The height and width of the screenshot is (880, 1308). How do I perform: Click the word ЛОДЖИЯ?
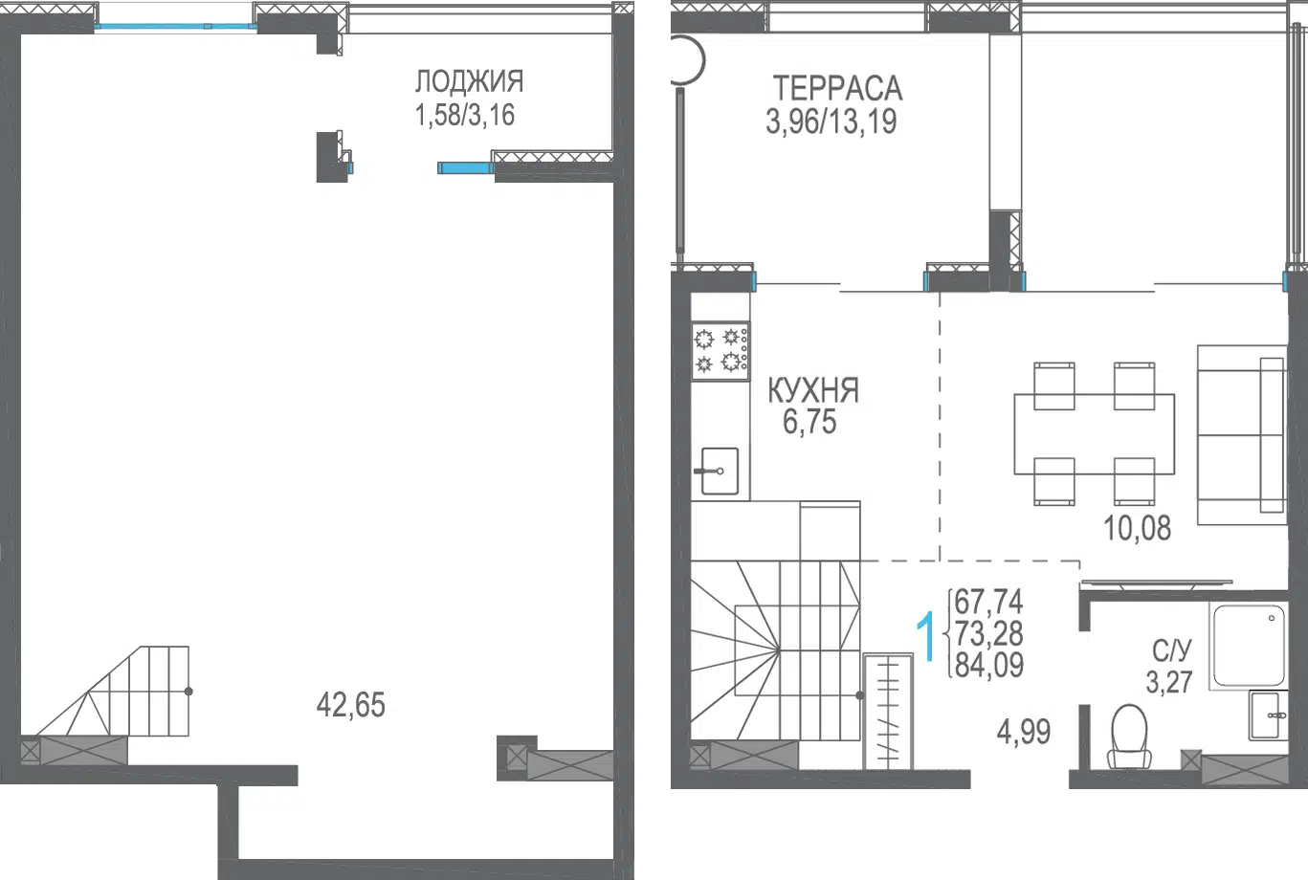[469, 81]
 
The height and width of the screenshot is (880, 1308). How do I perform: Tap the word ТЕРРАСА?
[837, 89]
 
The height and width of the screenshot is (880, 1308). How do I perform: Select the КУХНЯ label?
[812, 390]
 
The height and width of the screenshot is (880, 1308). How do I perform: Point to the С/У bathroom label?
[1172, 650]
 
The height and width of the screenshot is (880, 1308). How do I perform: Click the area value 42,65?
[350, 704]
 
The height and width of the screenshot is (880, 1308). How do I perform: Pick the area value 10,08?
[1137, 528]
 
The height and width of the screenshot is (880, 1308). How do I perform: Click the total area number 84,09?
[989, 665]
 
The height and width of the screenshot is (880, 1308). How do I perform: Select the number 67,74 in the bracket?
[988, 602]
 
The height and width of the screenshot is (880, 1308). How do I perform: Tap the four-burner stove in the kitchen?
[720, 352]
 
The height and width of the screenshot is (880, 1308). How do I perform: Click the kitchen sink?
[717, 471]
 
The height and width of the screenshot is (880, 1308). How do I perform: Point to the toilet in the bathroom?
[1129, 736]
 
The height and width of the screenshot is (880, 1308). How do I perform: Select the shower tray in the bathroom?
[1249, 646]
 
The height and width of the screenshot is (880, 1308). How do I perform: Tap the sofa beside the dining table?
[1242, 435]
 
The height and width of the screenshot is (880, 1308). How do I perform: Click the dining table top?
[1095, 434]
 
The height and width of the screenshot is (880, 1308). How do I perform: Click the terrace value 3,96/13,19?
[831, 122]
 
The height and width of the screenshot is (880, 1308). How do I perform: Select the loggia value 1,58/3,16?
[465, 115]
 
